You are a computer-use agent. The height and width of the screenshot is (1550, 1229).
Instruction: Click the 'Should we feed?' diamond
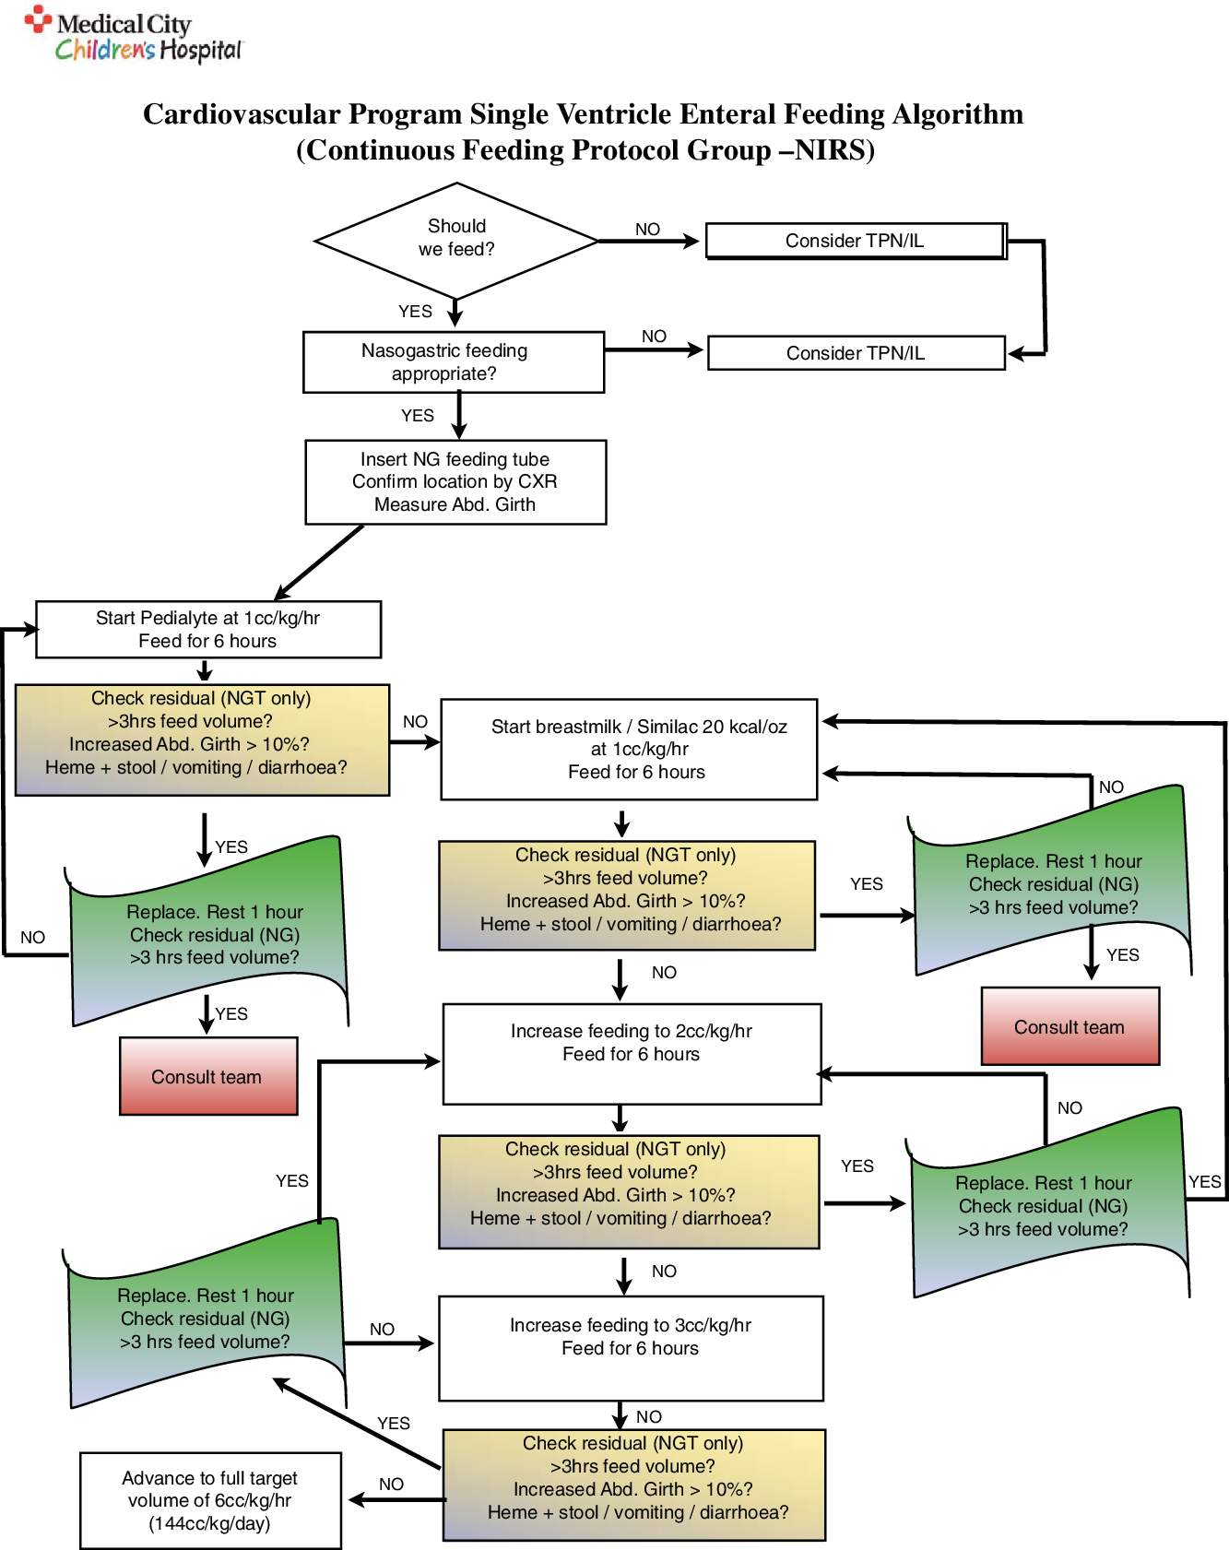point(456,239)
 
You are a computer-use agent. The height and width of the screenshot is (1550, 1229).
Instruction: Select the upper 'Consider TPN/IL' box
point(855,241)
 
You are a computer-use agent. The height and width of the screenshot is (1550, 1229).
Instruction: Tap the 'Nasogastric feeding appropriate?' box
point(454,362)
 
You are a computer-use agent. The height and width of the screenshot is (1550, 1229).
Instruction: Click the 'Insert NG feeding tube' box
point(455,481)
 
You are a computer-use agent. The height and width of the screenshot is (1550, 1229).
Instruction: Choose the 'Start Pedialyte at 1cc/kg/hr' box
point(208,629)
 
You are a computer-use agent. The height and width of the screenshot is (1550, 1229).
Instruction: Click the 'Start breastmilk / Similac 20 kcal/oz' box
point(629,749)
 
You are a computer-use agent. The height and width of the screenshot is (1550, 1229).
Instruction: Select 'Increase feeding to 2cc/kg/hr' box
point(632,1052)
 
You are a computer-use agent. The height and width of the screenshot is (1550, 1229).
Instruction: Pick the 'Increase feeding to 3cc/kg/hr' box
point(631,1346)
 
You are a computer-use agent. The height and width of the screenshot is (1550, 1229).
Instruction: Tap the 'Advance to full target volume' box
point(210,1500)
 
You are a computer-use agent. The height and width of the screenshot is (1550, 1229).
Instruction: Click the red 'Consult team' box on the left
point(208,1076)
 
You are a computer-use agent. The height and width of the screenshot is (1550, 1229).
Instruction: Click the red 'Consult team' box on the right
point(1069,1026)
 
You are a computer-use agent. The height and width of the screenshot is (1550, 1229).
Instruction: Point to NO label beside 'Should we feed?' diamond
point(647,229)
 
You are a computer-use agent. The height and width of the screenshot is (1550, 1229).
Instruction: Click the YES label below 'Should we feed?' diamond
point(415,312)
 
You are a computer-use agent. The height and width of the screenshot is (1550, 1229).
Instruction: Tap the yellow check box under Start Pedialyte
point(203,740)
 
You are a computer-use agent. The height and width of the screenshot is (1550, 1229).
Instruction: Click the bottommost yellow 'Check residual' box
point(634,1485)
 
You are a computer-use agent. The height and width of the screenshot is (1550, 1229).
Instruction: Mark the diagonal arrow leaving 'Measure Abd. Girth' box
point(320,562)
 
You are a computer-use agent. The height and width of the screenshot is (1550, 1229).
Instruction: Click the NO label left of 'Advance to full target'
point(391,1484)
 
